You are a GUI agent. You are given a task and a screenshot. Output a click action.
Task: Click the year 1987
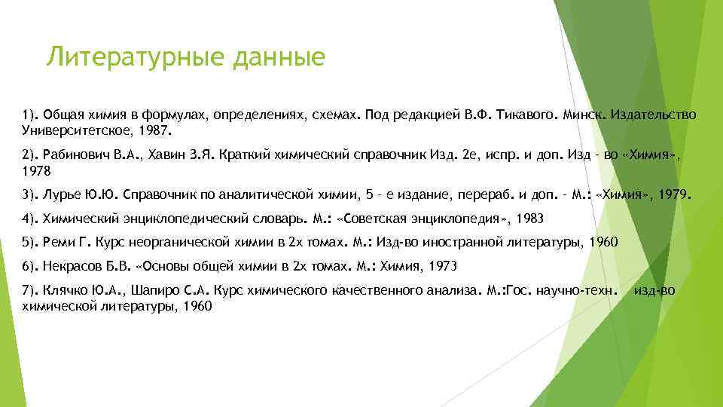pyautogui.click(x=157, y=130)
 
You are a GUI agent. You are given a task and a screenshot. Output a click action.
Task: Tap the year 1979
pyautogui.click(x=673, y=195)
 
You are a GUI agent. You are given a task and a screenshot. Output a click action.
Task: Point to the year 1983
pyautogui.click(x=527, y=219)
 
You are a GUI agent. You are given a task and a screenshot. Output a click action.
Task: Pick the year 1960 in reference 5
pyautogui.click(x=601, y=242)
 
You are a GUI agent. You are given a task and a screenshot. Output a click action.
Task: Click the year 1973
pyautogui.click(x=441, y=266)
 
